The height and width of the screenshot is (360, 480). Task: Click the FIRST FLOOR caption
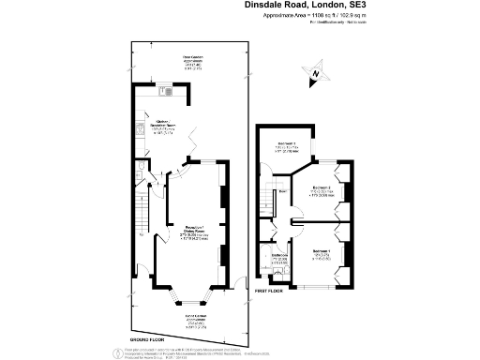click(267, 292)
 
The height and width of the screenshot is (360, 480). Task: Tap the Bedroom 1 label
click(322, 253)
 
